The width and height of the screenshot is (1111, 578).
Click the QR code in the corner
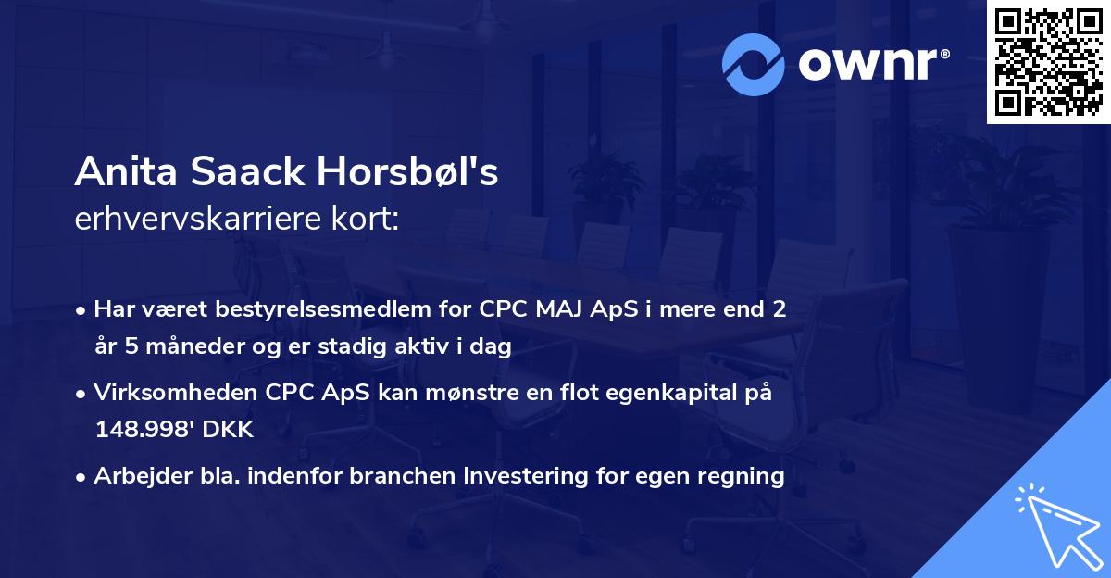[x=1048, y=62]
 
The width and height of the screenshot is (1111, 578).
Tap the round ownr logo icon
[x=755, y=64]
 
